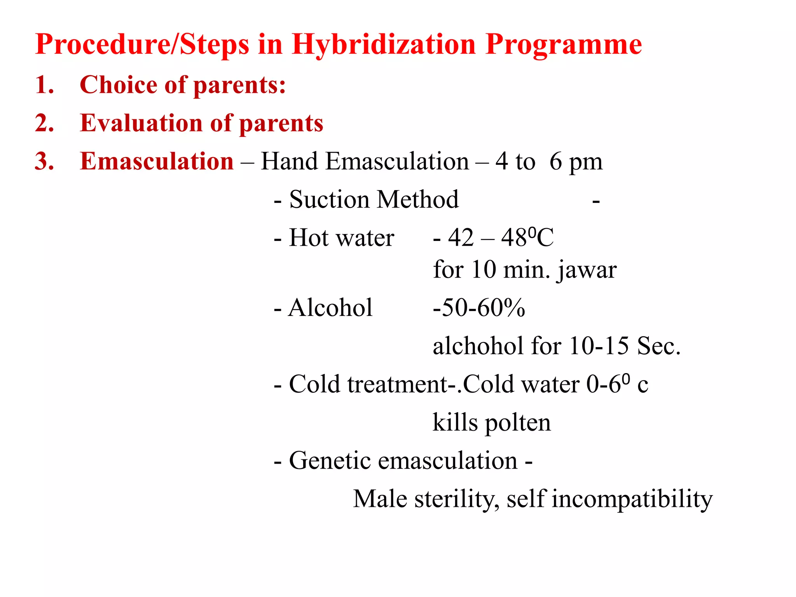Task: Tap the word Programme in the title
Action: [564, 45]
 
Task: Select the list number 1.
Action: [44, 85]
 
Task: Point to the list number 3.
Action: [44, 161]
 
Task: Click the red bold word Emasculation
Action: [157, 161]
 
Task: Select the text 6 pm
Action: [576, 161]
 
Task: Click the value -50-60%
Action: [479, 308]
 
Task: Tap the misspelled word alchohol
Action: [478, 346]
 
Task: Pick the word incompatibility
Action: [632, 499]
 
